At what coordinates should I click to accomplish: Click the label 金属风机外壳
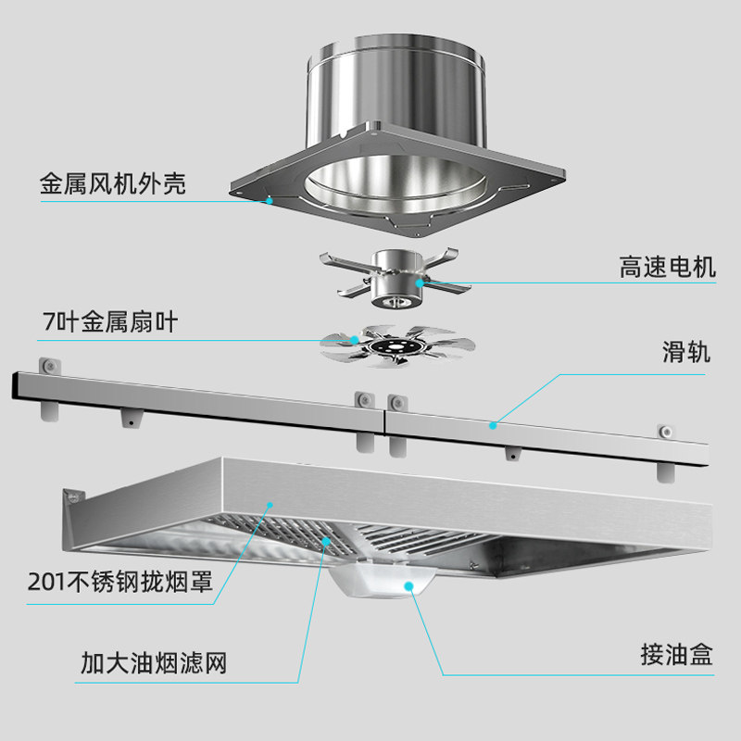pos(113,182)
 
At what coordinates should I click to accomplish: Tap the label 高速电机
pos(667,269)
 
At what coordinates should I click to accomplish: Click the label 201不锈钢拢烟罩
pos(120,584)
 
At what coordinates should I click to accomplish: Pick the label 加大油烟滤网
pos(154,663)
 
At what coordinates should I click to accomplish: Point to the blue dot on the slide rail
pos(493,425)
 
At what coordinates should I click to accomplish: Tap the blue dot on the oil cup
pos(408,584)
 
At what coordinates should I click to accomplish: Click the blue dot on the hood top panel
pos(270,503)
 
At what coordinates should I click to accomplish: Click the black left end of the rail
pos(15,383)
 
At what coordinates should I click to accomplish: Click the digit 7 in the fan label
pos(48,323)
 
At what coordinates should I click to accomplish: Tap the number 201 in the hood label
pos(43,584)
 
